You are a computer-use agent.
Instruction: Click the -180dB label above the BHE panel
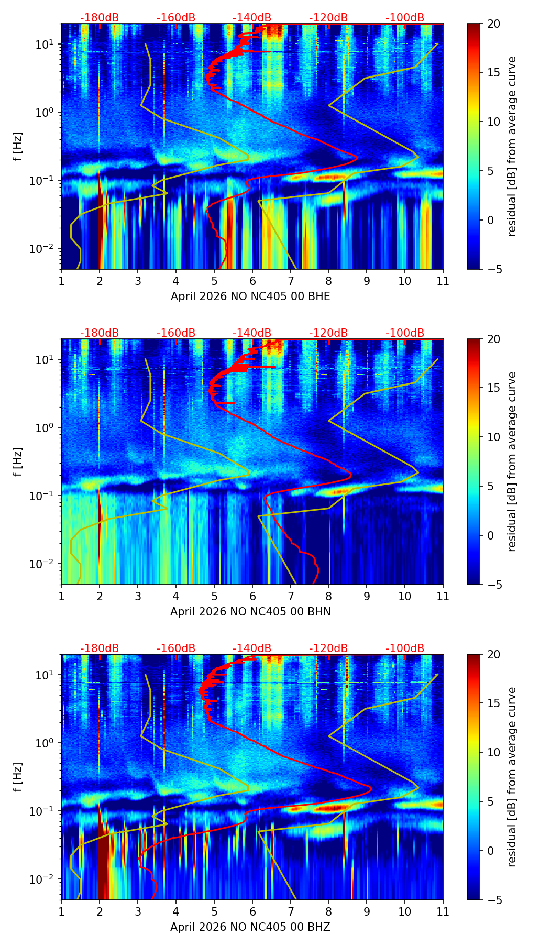pos(100,18)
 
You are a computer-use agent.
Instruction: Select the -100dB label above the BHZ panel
pos(405,648)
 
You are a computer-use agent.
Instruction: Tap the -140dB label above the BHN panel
pos(252,333)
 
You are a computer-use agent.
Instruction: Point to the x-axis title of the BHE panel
pos(250,296)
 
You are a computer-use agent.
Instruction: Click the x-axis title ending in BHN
pos(250,612)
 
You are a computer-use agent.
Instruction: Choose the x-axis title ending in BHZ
pos(250,927)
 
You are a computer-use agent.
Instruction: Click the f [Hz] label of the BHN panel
pos(18,461)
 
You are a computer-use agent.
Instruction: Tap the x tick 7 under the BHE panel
pos(290,280)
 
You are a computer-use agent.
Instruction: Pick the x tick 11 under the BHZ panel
pos(443,911)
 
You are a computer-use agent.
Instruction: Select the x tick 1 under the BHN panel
pos(61,596)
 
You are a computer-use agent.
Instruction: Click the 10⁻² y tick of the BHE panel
pos(44,248)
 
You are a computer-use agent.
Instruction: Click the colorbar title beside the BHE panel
pos(512,146)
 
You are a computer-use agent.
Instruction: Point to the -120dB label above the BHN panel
pos(328,333)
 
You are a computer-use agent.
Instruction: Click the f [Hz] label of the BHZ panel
pos(18,777)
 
